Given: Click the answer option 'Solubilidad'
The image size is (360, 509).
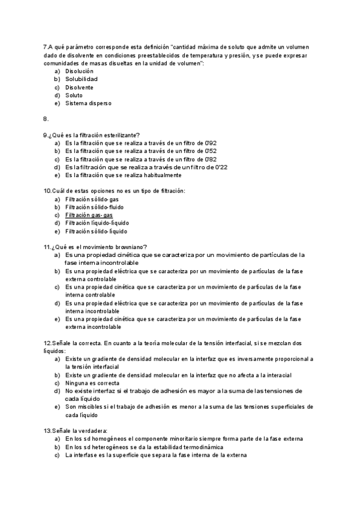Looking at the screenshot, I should (x=81, y=79).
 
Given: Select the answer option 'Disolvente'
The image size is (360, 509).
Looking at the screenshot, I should (x=79, y=87).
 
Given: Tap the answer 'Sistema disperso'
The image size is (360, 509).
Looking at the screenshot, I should (x=88, y=103).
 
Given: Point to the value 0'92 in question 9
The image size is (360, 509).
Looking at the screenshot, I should (x=203, y=143).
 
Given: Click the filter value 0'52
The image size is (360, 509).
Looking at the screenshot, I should (x=203, y=151).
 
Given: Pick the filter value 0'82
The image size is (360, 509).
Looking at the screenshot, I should (x=203, y=160).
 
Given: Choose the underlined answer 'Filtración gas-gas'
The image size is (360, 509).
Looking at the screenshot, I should (x=89, y=215).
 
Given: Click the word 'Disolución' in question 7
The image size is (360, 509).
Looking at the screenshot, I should (x=79, y=71).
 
